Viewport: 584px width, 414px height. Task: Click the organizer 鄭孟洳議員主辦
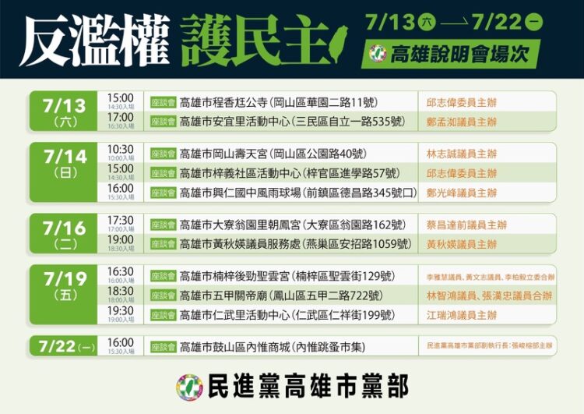coord(461,122)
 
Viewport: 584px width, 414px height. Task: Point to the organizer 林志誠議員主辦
coord(461,154)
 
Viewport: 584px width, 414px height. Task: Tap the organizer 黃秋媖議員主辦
coord(461,244)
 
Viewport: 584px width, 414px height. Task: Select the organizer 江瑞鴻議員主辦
coord(461,315)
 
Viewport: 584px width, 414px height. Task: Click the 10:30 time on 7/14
coord(121,149)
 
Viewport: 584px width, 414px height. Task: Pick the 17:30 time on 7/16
coord(121,221)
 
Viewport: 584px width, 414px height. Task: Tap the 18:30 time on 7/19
coord(121,291)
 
